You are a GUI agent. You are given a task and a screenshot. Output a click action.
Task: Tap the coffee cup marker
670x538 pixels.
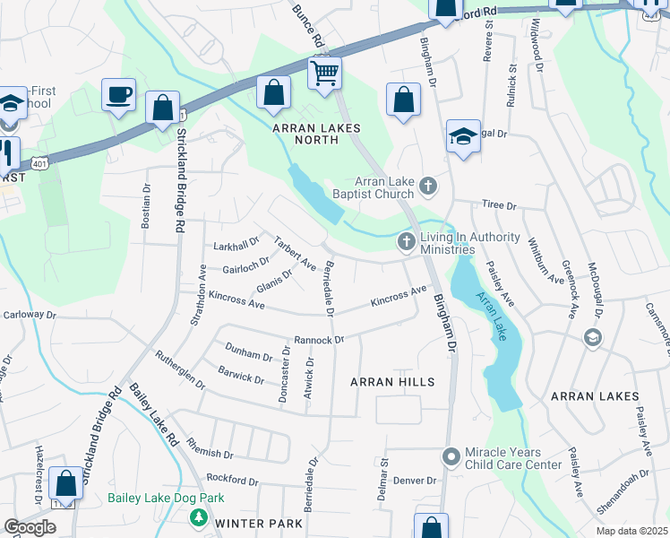118,95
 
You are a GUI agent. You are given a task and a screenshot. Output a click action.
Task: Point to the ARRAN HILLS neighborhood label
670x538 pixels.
392,382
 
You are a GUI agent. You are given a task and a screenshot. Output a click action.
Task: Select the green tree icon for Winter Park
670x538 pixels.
197,518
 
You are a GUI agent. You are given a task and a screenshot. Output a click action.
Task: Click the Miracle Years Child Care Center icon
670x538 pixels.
452,458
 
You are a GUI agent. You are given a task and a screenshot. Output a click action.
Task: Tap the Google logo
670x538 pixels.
30,526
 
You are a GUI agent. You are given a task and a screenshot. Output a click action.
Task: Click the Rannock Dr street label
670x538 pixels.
320,341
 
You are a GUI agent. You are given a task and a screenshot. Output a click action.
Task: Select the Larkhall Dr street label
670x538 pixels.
236,245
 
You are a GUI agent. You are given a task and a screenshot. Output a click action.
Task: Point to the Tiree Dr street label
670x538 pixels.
499,205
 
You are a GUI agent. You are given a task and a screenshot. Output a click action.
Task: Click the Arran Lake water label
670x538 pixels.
492,316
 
